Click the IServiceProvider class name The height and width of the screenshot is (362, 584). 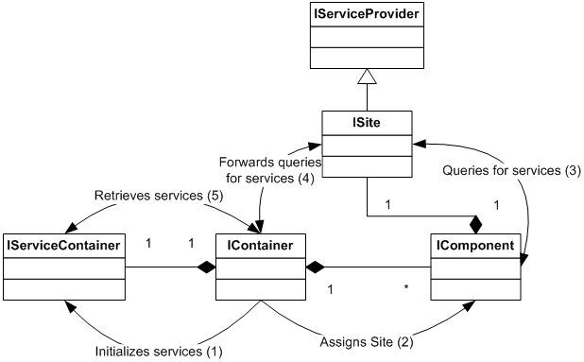[x=368, y=14]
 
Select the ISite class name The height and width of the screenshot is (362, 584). [x=367, y=122]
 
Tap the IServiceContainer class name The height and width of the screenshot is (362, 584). [x=62, y=246]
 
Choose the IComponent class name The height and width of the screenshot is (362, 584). [x=474, y=246]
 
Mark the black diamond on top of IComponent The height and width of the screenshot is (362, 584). [x=475, y=226]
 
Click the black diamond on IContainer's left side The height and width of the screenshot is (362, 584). [x=207, y=267]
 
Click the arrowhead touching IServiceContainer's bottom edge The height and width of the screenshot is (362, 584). [x=67, y=304]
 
